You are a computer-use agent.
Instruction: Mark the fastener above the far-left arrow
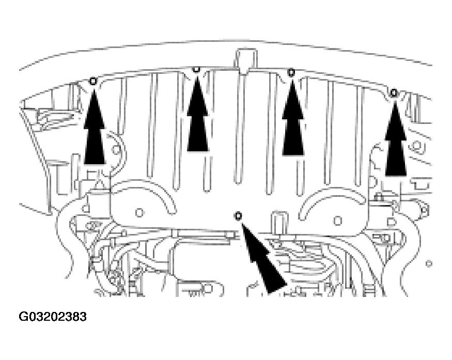[93, 81]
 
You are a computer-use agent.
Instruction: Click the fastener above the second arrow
[196, 69]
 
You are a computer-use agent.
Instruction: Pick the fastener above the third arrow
[291, 71]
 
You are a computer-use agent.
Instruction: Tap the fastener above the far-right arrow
[394, 92]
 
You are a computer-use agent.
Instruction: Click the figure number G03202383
[53, 316]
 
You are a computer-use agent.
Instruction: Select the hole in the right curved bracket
[337, 221]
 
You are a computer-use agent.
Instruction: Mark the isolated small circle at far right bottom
[429, 263]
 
